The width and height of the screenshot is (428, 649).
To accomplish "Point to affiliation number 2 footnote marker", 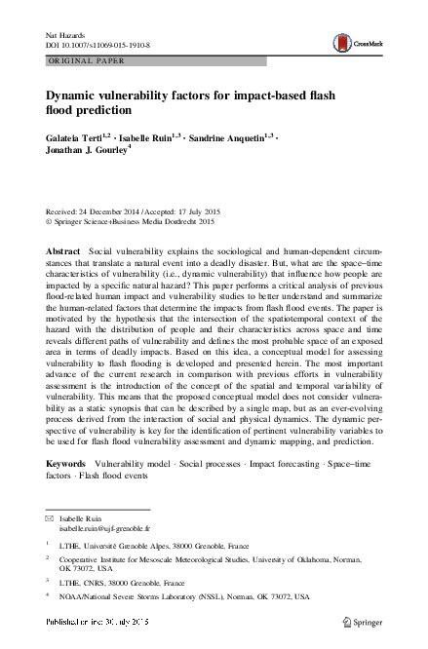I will (x=48, y=560).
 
